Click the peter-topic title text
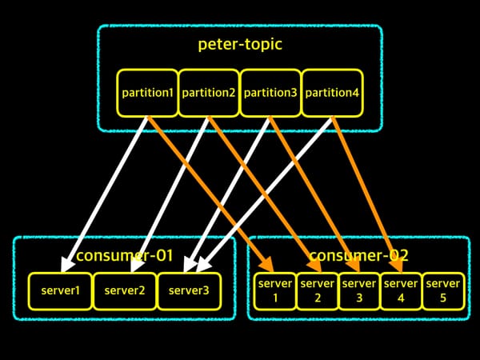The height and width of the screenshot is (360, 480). [240, 44]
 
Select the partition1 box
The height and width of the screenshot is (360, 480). [147, 93]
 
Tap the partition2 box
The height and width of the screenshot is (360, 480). [209, 93]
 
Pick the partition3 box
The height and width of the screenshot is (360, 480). [270, 93]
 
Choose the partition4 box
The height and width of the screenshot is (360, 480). [332, 93]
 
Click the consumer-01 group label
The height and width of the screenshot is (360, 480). [125, 255]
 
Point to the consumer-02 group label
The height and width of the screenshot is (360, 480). [358, 255]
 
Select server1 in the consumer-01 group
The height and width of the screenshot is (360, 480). [60, 291]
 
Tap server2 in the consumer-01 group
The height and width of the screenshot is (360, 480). [125, 291]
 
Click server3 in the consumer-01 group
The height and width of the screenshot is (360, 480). [189, 291]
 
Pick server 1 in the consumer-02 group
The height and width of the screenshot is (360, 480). [275, 291]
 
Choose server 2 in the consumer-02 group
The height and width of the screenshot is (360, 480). [318, 291]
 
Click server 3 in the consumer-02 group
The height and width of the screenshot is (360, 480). [359, 291]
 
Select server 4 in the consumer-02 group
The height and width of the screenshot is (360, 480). [401, 291]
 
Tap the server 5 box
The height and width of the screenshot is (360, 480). [443, 291]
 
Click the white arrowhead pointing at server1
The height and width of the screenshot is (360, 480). [66, 264]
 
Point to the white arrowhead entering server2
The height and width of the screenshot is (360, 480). [136, 264]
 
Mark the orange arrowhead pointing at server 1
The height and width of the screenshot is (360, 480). [268, 264]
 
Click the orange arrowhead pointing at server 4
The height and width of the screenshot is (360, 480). [397, 264]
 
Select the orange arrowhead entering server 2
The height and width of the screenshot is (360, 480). [315, 264]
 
